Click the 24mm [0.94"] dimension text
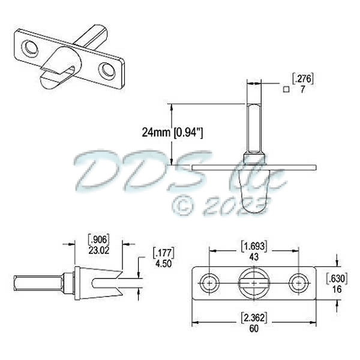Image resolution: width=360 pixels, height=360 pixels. click(172, 132)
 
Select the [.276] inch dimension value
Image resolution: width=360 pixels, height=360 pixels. click(303, 78)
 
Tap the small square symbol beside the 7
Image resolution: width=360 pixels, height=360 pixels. click(287, 89)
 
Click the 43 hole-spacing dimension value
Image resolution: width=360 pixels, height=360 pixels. click(254, 255)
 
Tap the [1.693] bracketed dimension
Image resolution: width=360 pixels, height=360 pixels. click(254, 246)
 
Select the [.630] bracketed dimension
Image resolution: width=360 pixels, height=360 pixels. click(337, 278)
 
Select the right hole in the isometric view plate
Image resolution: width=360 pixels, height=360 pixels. click(107, 70)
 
